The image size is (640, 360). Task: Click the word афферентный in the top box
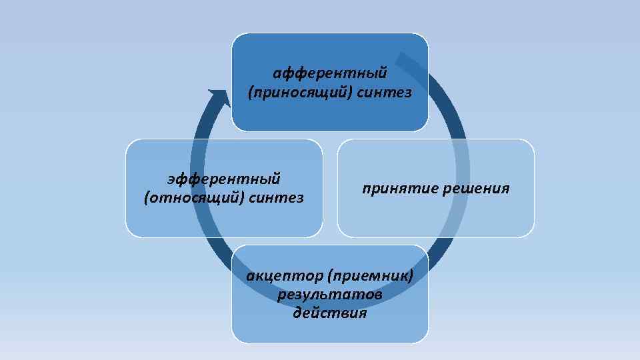(x=330, y=72)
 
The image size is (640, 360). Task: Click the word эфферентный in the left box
(x=224, y=178)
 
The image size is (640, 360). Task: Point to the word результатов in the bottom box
(x=330, y=294)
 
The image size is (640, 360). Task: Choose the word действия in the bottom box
(x=330, y=312)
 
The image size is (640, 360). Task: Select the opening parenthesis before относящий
(x=146, y=198)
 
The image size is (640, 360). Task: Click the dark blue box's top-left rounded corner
(x=235, y=37)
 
